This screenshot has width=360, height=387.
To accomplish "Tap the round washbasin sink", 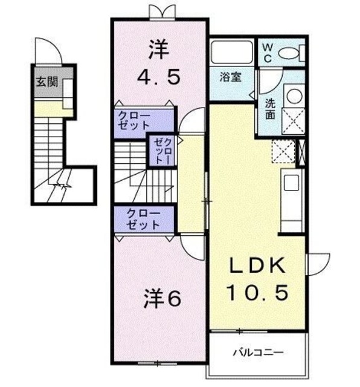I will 292,95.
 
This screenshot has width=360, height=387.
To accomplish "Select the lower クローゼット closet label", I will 143,219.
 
